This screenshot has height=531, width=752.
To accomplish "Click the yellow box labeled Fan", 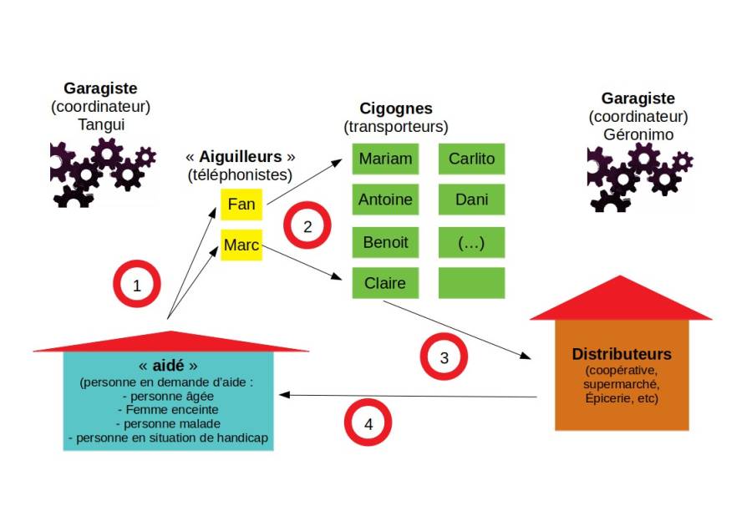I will [x=241, y=205].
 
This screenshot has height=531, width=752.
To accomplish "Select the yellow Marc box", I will [x=241, y=245].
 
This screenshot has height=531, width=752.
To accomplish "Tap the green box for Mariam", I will [x=385, y=159].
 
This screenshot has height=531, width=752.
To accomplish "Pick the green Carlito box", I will [x=471, y=159].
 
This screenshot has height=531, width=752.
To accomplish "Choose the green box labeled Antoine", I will [x=385, y=200].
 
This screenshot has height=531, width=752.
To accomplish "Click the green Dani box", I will [x=471, y=200].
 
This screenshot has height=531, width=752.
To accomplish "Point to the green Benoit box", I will [x=385, y=242].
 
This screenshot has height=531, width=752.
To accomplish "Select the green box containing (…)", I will [x=471, y=242].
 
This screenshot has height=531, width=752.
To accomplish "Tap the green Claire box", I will [x=385, y=283].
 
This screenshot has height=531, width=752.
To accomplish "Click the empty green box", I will [x=471, y=283].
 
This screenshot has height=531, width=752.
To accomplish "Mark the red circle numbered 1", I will [x=136, y=286].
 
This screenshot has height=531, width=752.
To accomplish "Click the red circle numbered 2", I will [x=307, y=226].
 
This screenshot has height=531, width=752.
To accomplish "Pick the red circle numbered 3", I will [x=444, y=357].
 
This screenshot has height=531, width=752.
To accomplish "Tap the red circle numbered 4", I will [x=368, y=424].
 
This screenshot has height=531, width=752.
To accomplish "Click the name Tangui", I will [x=100, y=124].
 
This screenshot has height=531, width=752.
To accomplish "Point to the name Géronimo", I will [x=638, y=134].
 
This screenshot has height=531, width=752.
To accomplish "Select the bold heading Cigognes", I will [x=396, y=109].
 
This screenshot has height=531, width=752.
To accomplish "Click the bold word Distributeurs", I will [x=622, y=354].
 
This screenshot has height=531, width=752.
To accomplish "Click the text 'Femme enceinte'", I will [x=170, y=410].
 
